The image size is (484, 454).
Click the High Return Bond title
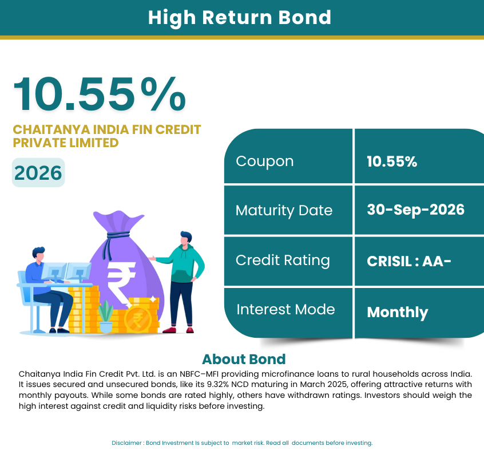[x=240, y=18]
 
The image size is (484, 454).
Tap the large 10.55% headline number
[x=100, y=94]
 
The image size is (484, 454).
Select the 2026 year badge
[x=38, y=172]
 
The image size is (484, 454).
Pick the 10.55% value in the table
[x=392, y=161]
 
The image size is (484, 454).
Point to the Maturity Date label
[x=284, y=211]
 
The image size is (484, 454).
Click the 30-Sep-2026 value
[x=415, y=210]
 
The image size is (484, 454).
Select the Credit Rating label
[x=283, y=260]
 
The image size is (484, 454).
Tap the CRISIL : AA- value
[x=409, y=261]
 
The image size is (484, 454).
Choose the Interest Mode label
[x=285, y=310]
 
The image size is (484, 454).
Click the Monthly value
[x=398, y=313]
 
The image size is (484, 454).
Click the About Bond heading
[x=244, y=359]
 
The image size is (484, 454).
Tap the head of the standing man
[x=186, y=238]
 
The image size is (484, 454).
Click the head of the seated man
[x=39, y=254]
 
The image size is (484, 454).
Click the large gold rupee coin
[x=138, y=319]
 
